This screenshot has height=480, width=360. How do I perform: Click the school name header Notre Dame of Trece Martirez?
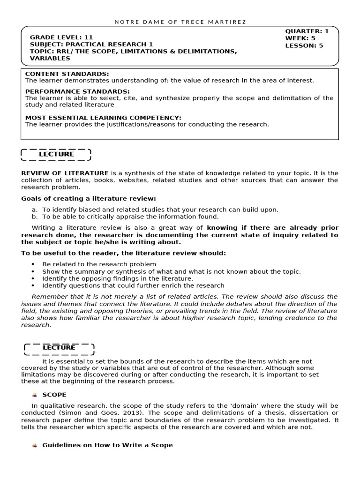180,22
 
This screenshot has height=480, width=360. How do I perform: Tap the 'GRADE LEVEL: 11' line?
61,37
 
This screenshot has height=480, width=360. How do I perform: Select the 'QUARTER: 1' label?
307,31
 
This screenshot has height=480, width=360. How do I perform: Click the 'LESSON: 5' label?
304,45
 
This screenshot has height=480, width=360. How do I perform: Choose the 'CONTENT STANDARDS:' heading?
67,74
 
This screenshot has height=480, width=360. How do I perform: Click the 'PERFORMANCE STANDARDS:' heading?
77,91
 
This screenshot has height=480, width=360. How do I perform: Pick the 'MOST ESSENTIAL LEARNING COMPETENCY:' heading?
103,118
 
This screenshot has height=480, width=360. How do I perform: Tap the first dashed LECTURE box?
56,154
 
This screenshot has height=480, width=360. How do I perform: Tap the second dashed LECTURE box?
59,348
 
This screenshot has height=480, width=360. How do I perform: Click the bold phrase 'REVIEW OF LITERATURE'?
65,173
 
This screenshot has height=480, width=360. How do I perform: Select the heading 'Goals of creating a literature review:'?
89,199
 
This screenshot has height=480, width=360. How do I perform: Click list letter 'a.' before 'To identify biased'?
35,210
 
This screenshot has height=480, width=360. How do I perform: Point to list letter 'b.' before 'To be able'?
35,217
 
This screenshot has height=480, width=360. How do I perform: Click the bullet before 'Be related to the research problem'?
33,264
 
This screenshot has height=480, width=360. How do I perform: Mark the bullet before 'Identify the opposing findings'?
33,278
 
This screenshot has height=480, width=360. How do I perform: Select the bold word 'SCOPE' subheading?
54,395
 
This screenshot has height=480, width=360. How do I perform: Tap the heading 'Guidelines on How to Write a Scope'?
107,445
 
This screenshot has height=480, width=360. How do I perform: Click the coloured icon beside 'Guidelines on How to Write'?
35,445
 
